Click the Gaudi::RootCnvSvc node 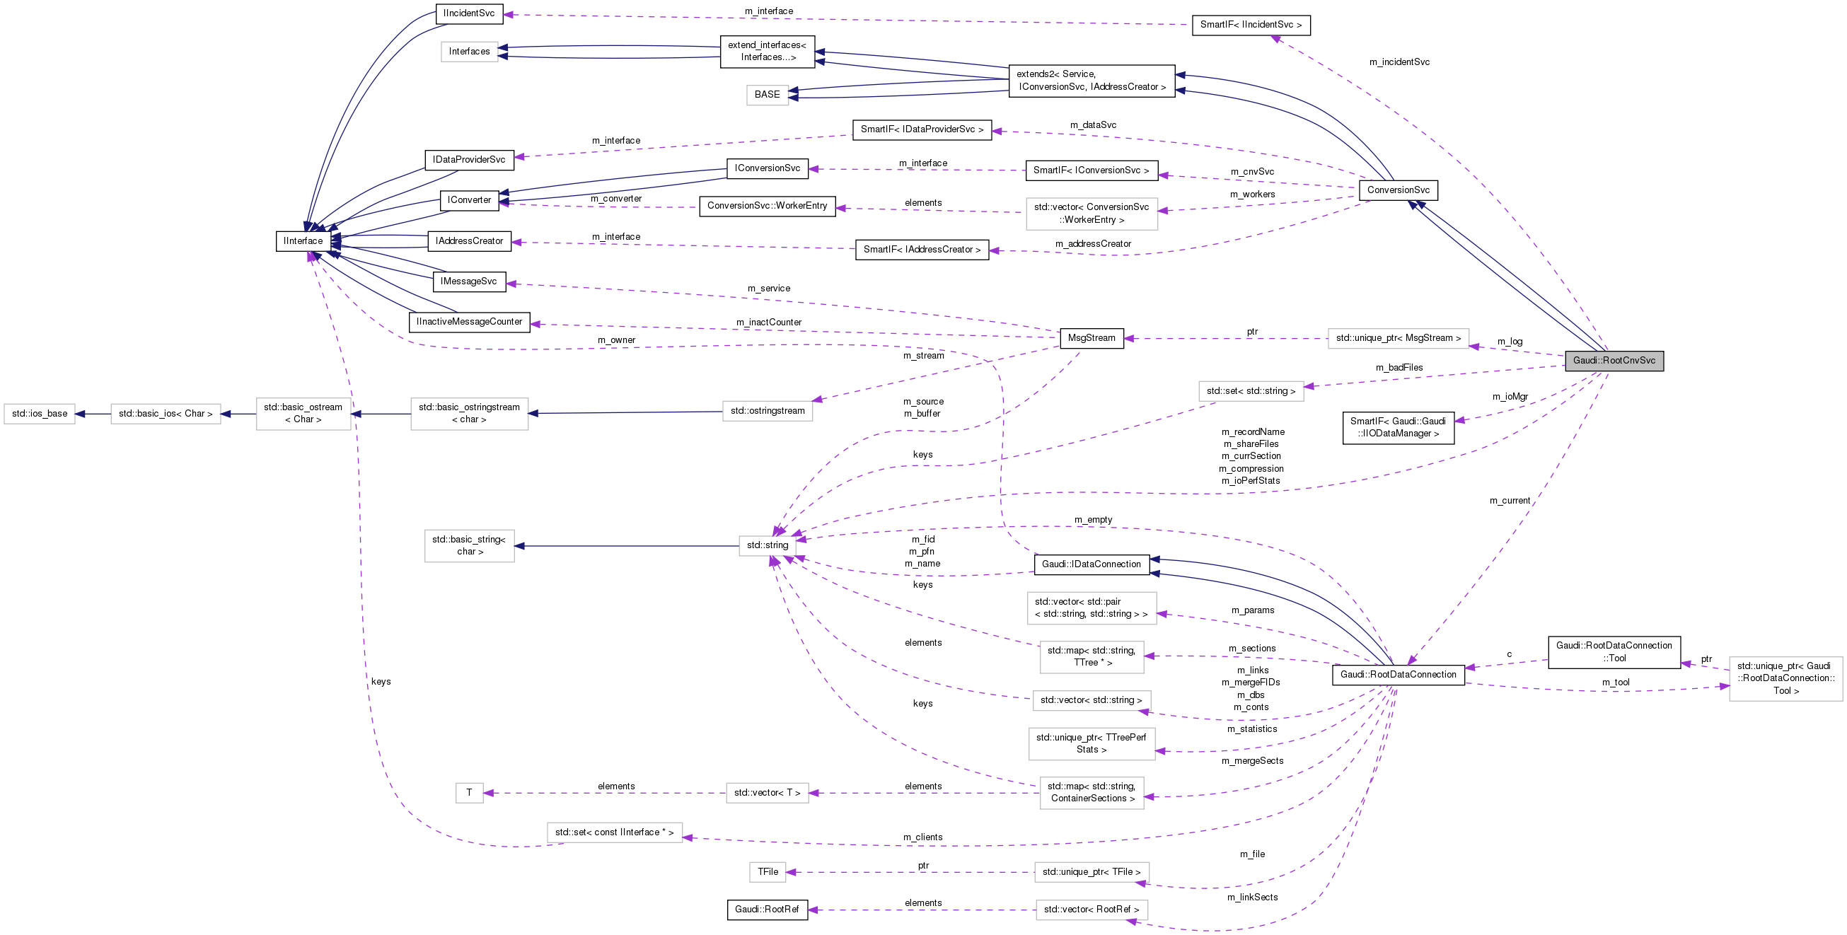click(x=1614, y=361)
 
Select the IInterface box click(x=303, y=241)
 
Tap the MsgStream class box click(x=1092, y=339)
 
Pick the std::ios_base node click(x=40, y=414)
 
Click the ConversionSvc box click(x=1397, y=190)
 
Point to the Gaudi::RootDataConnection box click(x=1397, y=675)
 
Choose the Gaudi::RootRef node click(x=767, y=910)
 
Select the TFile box click(x=768, y=872)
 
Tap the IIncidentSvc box click(x=469, y=13)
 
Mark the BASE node click(x=767, y=95)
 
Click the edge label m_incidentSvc click(x=1399, y=62)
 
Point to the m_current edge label click(x=1510, y=501)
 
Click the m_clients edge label click(x=922, y=837)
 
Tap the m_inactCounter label click(x=769, y=323)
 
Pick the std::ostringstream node click(x=768, y=411)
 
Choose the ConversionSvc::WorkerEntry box click(x=768, y=206)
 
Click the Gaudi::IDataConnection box click(x=1092, y=564)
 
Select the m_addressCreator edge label click(x=1093, y=245)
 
